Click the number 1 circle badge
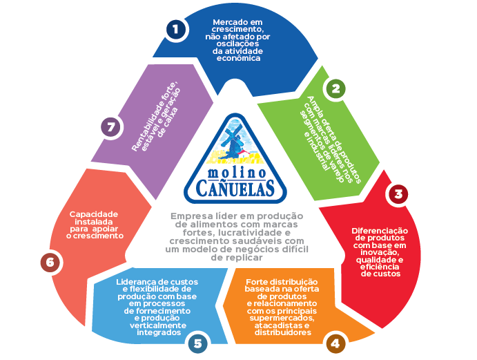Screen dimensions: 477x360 [176, 29]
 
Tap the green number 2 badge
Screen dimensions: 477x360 [335, 88]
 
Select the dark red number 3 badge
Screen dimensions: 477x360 [398, 194]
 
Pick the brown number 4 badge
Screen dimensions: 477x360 [335, 344]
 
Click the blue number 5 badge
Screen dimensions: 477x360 [197, 343]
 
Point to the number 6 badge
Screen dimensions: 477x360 [50, 263]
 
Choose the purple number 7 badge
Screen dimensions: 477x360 [110, 127]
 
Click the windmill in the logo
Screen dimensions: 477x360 [234, 141]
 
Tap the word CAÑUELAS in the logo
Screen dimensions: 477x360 [235, 188]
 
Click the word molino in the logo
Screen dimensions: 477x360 [237, 173]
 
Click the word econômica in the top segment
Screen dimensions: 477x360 [239, 58]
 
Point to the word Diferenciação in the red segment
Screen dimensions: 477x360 [380, 231]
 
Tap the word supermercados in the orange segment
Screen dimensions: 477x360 [282, 319]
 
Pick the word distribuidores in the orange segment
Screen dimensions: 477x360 [283, 332]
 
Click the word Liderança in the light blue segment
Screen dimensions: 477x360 [134, 282]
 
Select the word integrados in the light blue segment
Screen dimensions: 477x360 [159, 332]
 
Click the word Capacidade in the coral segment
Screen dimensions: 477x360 [94, 214]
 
